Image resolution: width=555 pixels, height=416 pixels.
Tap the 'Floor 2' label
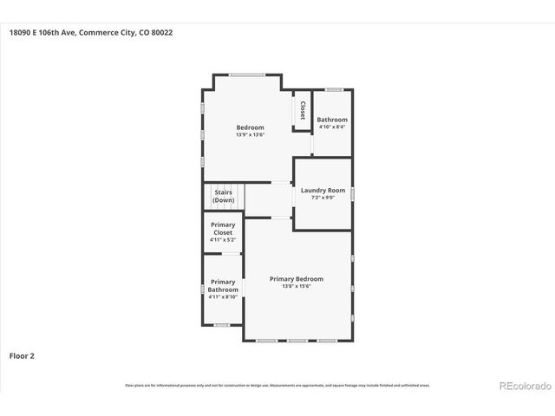click(x=22, y=355)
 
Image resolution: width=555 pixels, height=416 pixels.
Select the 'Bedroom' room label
click(x=250, y=127)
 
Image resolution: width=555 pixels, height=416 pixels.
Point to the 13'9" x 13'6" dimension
click(x=250, y=135)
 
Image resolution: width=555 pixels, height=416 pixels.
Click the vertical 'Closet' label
click(x=303, y=110)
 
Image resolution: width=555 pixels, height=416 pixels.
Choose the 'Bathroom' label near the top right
click(x=332, y=120)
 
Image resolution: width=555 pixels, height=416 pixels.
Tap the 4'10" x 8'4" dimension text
click(x=332, y=127)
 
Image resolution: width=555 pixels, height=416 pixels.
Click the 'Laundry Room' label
click(x=323, y=190)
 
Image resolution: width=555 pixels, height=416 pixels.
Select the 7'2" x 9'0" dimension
click(x=323, y=198)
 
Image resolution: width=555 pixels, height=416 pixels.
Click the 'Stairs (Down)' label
click(x=223, y=196)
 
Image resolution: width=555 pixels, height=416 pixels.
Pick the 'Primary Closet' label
click(x=223, y=229)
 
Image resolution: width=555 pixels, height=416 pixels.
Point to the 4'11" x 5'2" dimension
click(x=223, y=240)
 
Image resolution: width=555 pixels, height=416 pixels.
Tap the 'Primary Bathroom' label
click(x=223, y=285)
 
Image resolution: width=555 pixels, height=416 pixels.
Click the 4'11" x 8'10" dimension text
click(x=223, y=296)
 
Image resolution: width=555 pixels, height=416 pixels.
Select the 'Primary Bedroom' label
click(x=297, y=278)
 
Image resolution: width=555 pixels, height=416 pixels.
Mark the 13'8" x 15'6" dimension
click(x=297, y=286)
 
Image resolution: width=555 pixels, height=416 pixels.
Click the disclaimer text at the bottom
click(x=277, y=385)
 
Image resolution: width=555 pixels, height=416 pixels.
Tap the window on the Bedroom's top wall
click(x=247, y=75)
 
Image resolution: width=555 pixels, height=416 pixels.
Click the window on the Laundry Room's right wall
click(x=352, y=193)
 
